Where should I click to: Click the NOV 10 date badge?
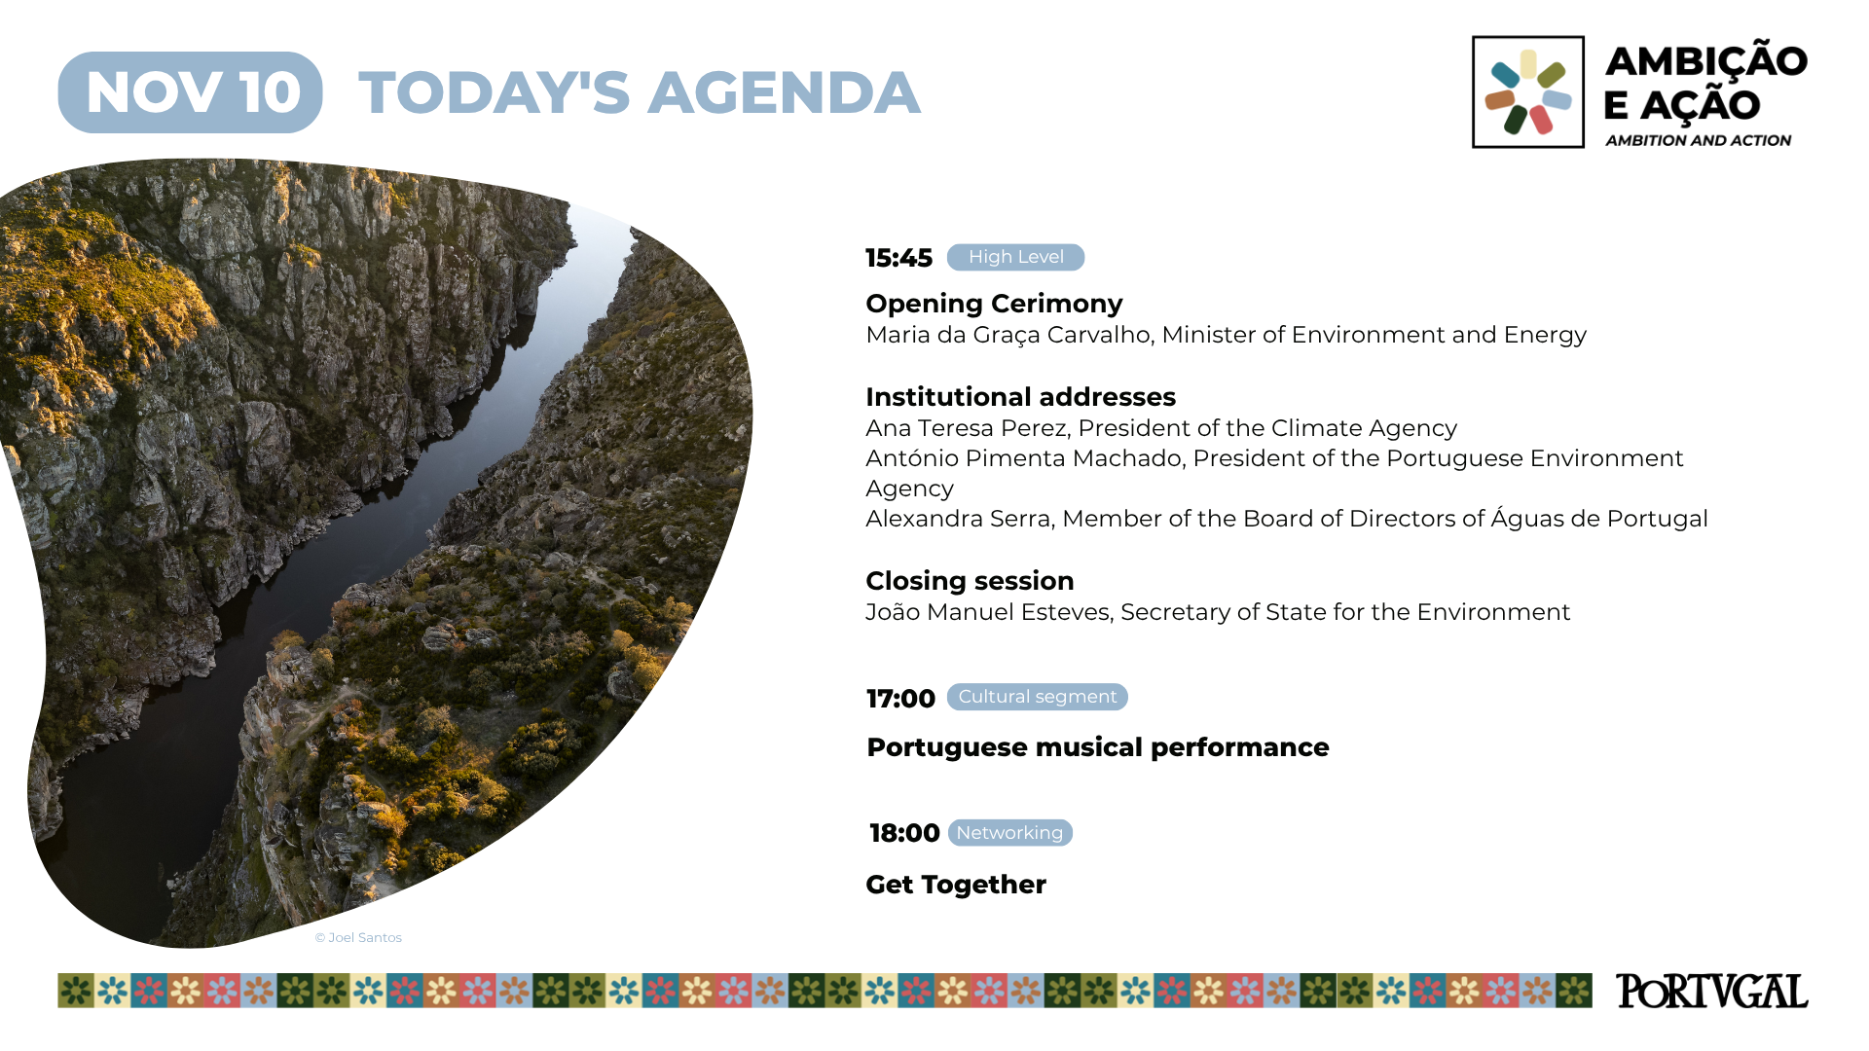[190, 92]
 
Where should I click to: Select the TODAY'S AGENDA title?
[639, 92]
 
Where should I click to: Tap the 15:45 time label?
[898, 258]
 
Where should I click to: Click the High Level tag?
[1015, 257]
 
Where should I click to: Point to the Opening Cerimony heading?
[994, 304]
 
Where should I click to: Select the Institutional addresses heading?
[1020, 397]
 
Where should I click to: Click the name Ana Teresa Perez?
[968, 428]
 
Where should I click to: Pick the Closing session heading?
[970, 581]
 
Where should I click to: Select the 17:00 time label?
[900, 699]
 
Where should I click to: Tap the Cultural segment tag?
[1038, 697]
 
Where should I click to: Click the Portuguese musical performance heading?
[1098, 747]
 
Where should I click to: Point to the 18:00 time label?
[904, 833]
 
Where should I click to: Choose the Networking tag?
[1010, 833]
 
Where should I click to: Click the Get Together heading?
[956, 885]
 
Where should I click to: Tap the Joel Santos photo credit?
[358, 937]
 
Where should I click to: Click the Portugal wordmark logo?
[1712, 991]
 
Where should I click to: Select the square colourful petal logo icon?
[1528, 92]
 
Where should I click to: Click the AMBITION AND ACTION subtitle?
[1699, 140]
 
